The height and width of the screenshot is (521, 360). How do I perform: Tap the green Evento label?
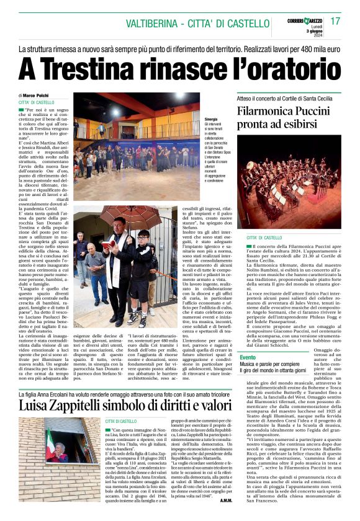[x=247, y=357]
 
